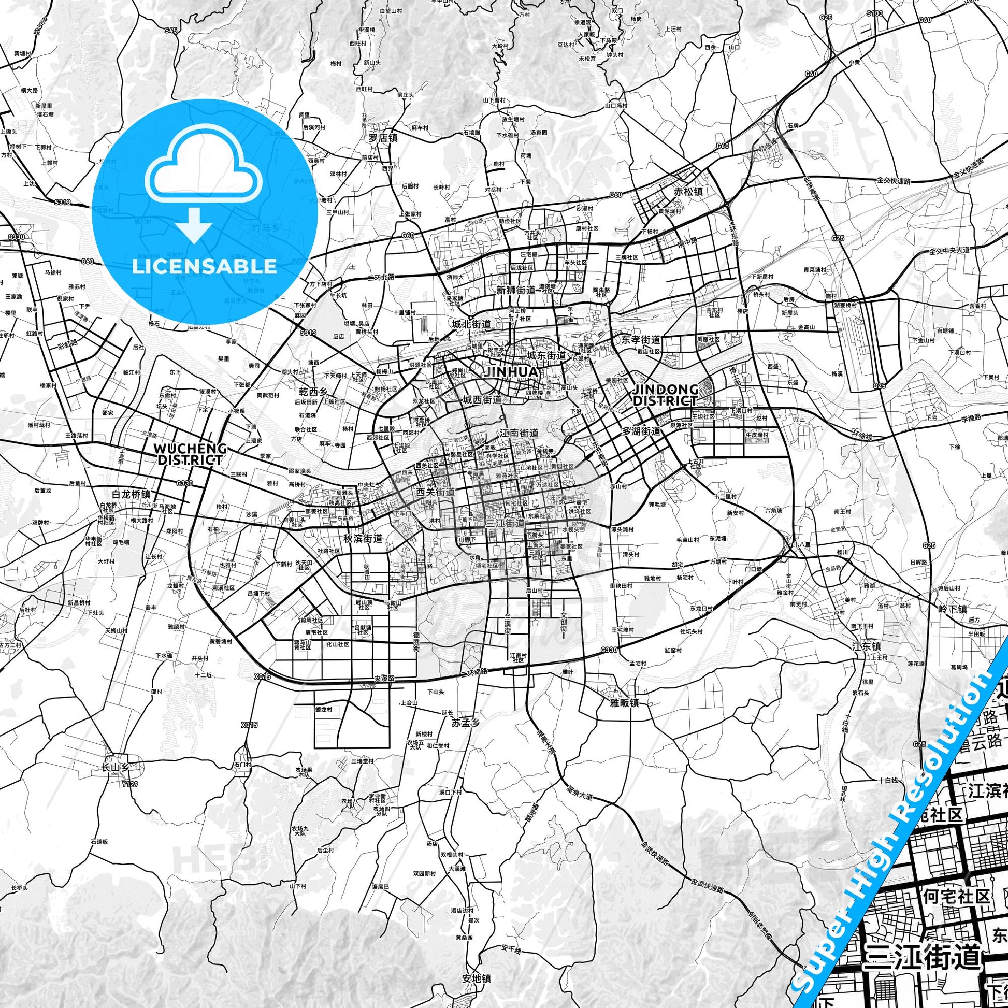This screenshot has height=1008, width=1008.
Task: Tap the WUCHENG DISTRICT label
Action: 190,454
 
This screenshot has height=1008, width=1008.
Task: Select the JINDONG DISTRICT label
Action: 665,395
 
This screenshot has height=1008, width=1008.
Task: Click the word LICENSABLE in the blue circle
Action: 204,267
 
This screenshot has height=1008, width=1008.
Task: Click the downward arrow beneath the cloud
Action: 194,224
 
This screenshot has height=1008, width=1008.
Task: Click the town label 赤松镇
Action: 688,192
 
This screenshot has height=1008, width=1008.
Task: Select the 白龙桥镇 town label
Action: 132,494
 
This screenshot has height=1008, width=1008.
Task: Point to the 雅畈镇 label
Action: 625,688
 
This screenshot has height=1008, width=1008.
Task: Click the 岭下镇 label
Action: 952,608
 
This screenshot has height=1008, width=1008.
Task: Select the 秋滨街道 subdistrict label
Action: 363,538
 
